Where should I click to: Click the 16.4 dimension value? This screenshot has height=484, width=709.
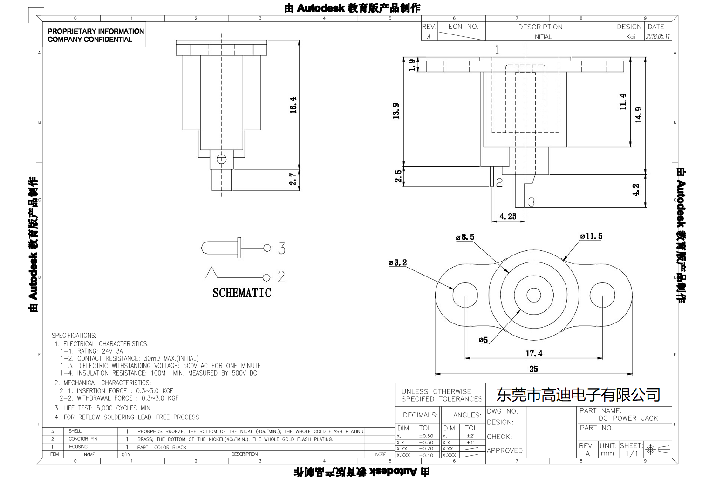coord(293,105)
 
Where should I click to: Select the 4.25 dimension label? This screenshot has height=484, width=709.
coord(508,216)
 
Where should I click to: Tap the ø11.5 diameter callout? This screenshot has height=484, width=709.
coord(591,236)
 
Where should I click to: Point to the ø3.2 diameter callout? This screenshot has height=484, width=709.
coord(397,263)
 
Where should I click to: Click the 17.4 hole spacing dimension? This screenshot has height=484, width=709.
coord(534,354)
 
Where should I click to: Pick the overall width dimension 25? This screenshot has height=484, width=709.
coord(533,369)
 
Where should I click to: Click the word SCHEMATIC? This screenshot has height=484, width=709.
coord(241,293)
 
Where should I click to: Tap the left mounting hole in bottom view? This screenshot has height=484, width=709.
coord(465,295)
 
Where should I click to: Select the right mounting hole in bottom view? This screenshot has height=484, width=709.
coord(602,295)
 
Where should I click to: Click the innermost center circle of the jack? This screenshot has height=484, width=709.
coord(533,295)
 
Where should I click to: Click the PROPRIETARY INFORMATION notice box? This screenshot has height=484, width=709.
coord(95,35)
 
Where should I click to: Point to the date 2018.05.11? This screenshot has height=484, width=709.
coord(658,36)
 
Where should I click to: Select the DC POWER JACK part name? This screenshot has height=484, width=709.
coord(628,418)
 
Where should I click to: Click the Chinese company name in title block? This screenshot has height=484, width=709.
coord(578,395)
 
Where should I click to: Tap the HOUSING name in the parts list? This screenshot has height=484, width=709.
coord(78,447)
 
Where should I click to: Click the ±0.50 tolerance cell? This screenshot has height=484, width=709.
coord(426,436)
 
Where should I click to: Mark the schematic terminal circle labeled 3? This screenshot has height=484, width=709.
coord(267,248)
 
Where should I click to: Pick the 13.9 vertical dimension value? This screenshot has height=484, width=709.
coord(396,111)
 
